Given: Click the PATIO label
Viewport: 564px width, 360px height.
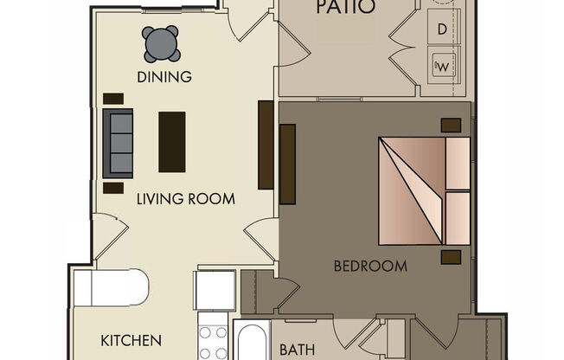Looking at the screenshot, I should point(345,9).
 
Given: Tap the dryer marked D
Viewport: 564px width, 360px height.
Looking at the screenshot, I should point(442,29).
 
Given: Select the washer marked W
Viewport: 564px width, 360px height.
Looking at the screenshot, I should point(443,63).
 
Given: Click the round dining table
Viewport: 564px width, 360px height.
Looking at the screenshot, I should point(162,44).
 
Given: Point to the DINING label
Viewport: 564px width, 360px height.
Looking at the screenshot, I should point(163,77).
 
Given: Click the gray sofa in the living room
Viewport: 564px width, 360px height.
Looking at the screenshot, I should point(118,144).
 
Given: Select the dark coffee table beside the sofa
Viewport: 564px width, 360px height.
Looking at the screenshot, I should point(171,142).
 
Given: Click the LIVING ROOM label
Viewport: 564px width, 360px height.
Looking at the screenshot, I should point(186,199).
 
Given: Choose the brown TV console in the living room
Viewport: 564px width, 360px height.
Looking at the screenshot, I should point(266,145).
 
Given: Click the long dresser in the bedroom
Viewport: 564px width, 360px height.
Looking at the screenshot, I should point(288,164).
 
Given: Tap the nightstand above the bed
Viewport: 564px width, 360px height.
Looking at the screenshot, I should point(450,125).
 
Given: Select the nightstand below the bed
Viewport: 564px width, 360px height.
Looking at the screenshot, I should point(450,257).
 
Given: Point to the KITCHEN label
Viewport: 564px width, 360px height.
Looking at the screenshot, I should point(131,340).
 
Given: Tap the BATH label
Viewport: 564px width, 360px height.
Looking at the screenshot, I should point(296,350).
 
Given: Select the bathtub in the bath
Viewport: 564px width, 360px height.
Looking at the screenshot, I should point(251,344).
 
